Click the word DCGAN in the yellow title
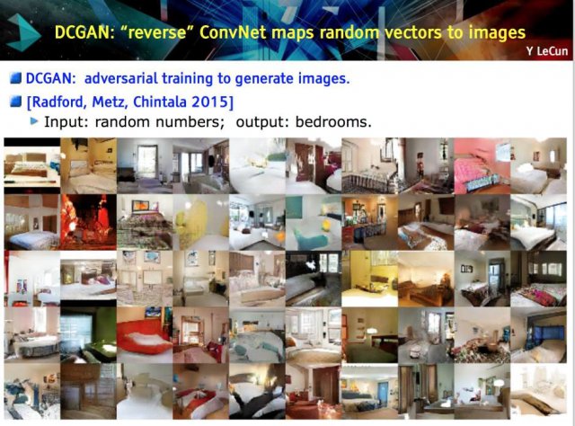point(82,32)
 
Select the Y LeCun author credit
point(546,51)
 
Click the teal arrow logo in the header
point(23,32)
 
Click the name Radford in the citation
point(59,102)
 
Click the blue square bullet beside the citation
point(16,102)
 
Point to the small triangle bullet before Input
point(34,120)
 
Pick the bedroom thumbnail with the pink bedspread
point(482,166)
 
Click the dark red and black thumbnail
point(88,222)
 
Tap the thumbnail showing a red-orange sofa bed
point(145,334)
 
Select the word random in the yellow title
point(349,32)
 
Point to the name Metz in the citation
point(110,102)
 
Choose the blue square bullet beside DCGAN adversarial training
point(16,78)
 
